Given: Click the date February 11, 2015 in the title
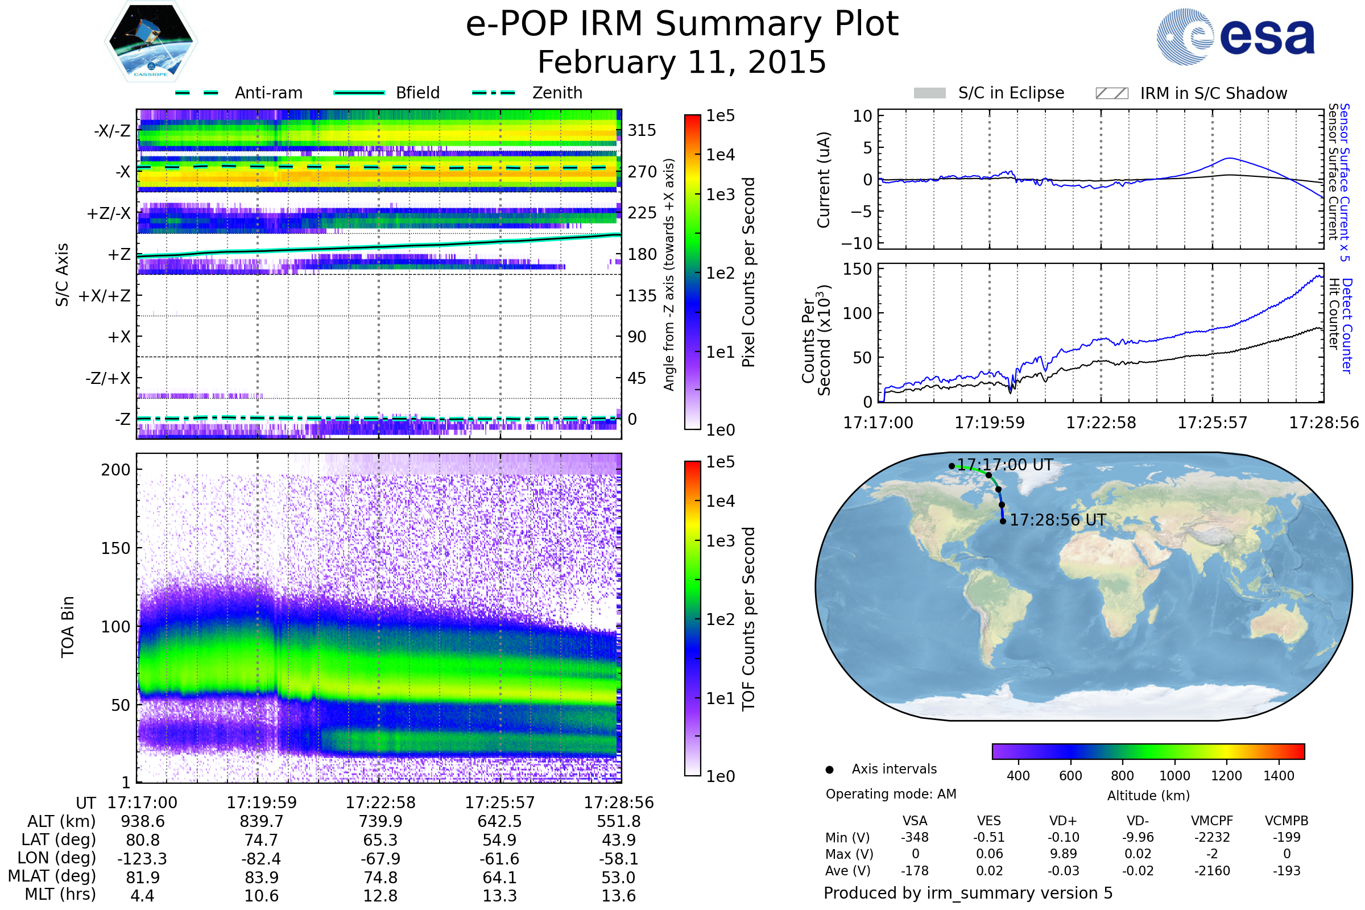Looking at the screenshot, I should (681, 62).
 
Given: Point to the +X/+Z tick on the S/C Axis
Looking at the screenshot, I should (105, 296).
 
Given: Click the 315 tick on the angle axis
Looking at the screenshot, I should (642, 130).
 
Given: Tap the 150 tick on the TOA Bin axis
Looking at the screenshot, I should (115, 548).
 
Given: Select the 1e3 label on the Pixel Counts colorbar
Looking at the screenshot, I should (720, 195).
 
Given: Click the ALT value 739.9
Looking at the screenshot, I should (380, 821).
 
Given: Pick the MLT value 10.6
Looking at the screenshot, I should (261, 895).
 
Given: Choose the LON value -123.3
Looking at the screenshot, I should (142, 858).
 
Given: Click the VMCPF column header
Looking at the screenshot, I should (1212, 821).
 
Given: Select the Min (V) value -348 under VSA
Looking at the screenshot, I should (915, 837).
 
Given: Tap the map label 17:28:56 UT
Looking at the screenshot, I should (1057, 520).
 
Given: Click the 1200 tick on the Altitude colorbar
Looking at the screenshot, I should (1226, 776).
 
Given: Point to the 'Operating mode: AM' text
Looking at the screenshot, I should (891, 794).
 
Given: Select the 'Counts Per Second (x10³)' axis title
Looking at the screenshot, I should (816, 340).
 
